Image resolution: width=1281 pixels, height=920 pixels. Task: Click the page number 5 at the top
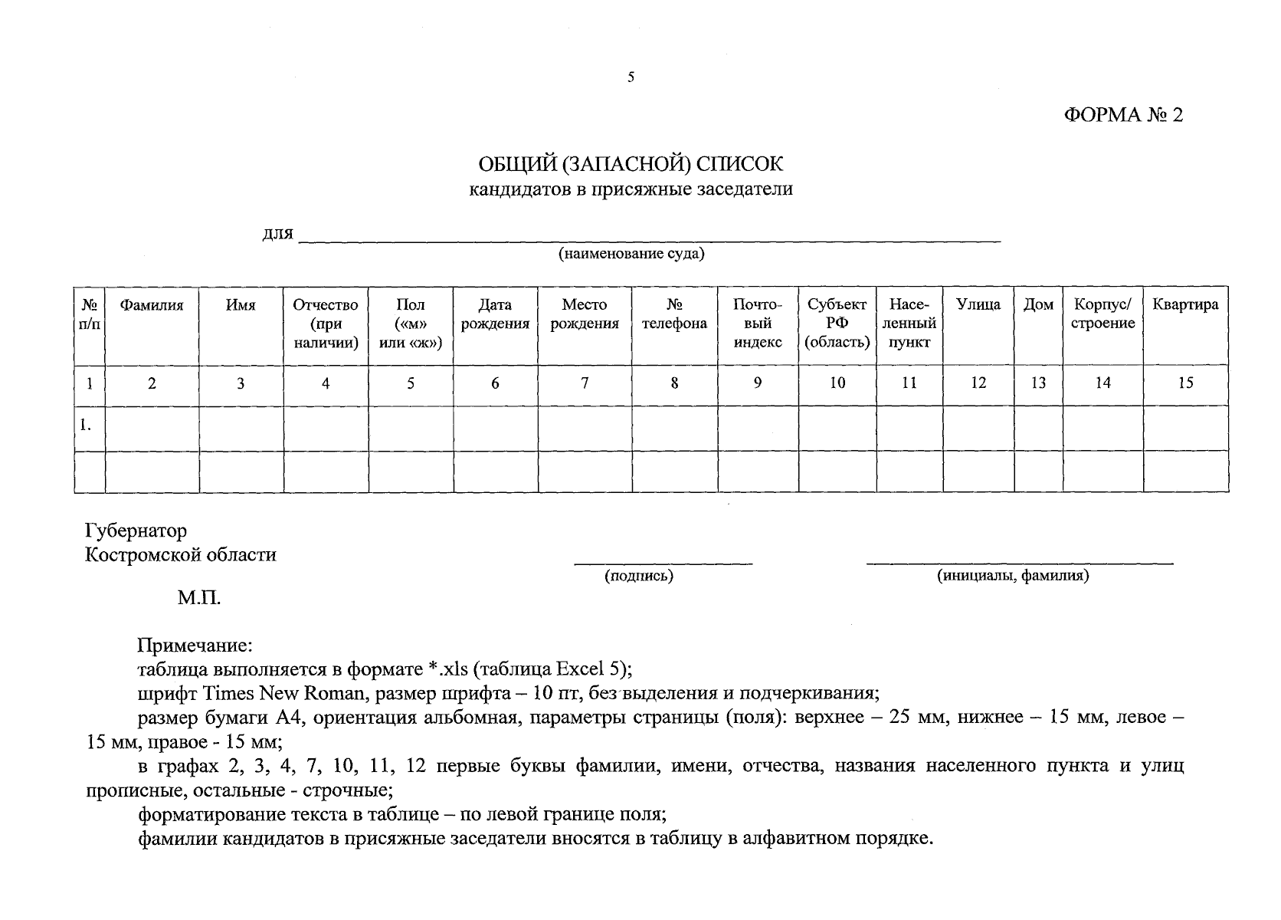(x=631, y=77)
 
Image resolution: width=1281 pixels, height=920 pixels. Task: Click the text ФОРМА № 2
(x=1123, y=116)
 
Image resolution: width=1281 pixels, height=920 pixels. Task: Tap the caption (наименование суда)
(x=631, y=254)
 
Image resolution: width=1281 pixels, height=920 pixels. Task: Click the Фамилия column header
(x=152, y=305)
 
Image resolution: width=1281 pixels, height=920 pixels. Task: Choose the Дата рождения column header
(x=495, y=314)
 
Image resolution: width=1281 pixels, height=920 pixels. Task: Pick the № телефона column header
(x=674, y=314)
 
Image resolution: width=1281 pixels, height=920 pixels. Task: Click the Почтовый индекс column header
(x=757, y=324)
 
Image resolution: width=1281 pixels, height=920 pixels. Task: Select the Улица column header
(x=978, y=305)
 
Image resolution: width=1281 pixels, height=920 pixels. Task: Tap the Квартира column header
(x=1185, y=305)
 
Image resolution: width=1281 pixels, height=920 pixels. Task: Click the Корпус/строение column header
(x=1102, y=314)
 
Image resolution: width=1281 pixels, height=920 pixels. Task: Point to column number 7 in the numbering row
(x=585, y=383)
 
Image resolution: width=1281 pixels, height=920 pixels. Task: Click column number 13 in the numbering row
(x=1038, y=383)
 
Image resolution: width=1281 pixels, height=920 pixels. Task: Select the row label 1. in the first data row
(x=87, y=423)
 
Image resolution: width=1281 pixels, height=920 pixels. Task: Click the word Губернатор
(x=136, y=531)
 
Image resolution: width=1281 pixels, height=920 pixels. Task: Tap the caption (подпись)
(x=638, y=577)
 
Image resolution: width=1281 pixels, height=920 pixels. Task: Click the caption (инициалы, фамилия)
(x=1012, y=577)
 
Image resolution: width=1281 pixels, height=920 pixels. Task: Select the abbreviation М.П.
(x=199, y=598)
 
